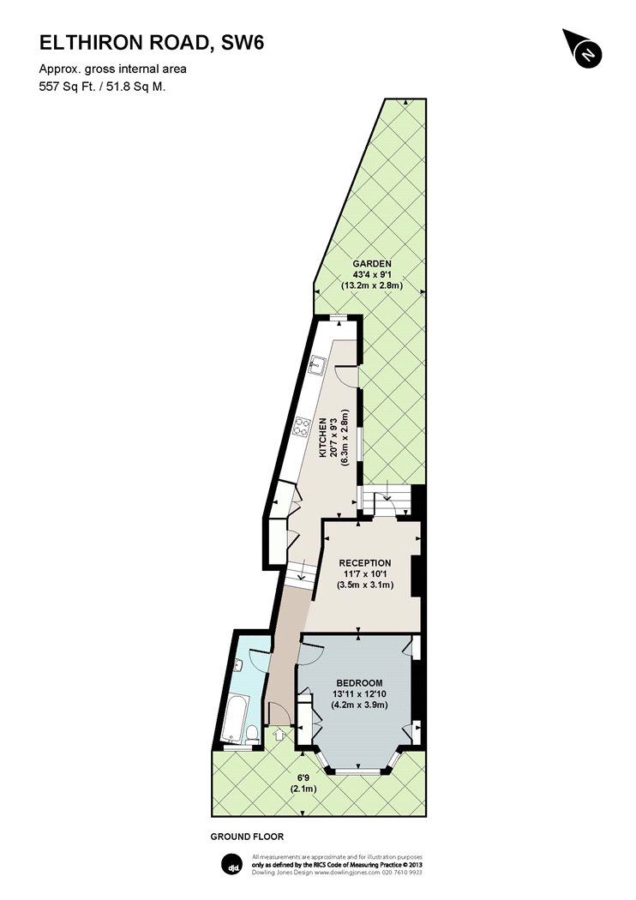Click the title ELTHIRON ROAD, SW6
pyautogui.click(x=152, y=43)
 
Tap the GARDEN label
pyautogui.click(x=372, y=264)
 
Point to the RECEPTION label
pyautogui.click(x=364, y=563)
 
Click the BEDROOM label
pyautogui.click(x=359, y=683)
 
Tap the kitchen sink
pyautogui.click(x=316, y=365)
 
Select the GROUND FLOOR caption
pyautogui.click(x=247, y=837)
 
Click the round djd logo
pyautogui.click(x=232, y=867)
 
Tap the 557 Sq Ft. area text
pyautogui.click(x=65, y=87)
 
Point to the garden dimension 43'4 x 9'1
pyautogui.click(x=372, y=274)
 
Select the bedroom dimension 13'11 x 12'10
pyautogui.click(x=359, y=694)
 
